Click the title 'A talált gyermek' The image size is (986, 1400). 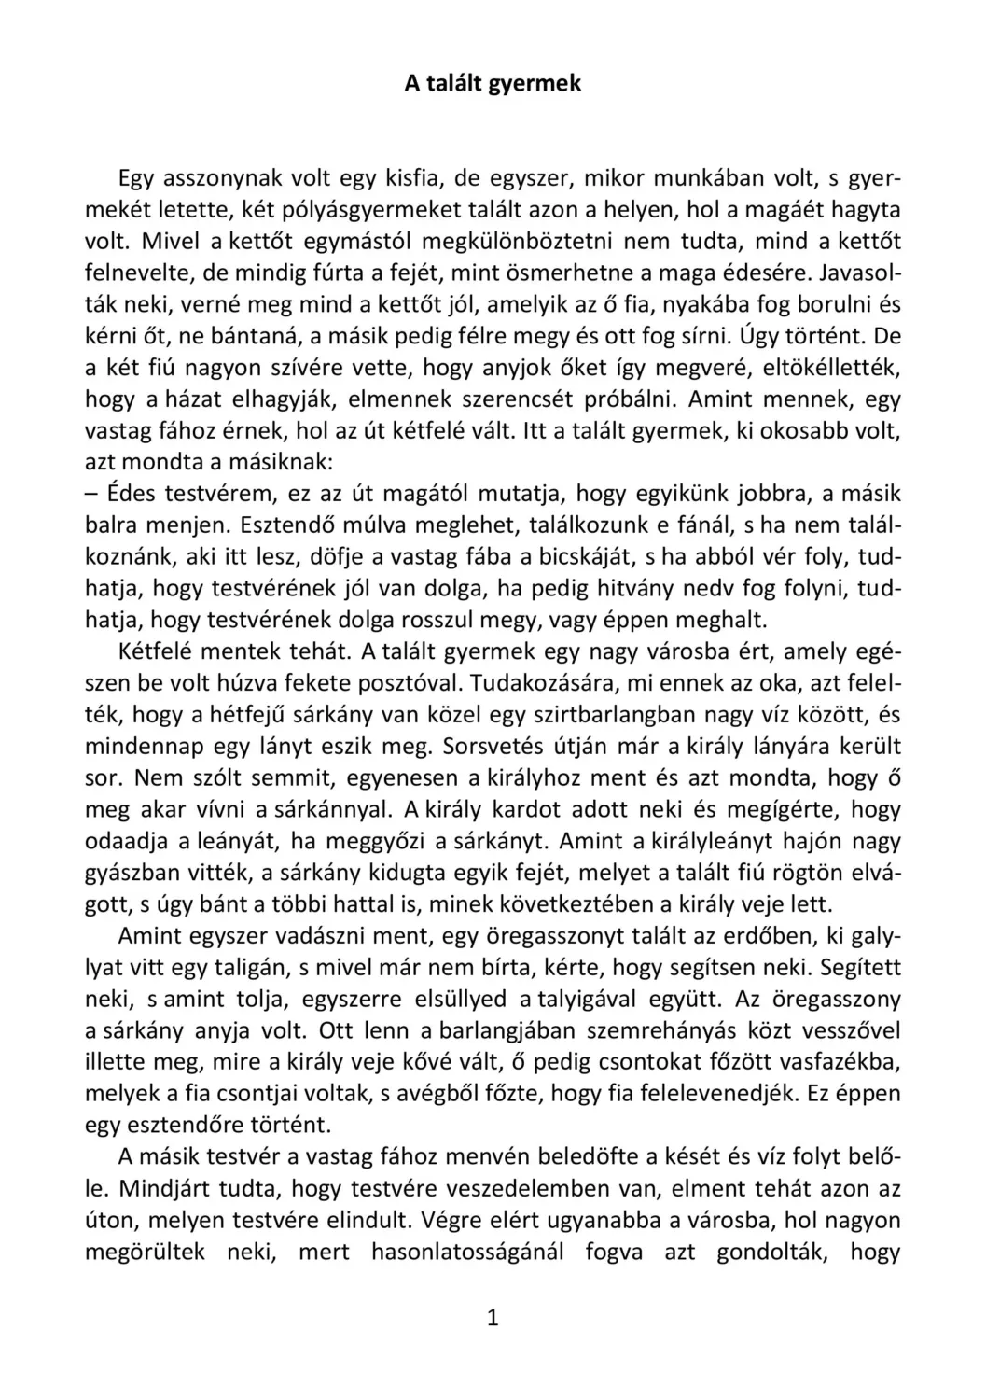point(493,83)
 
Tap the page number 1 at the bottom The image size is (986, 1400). point(493,1318)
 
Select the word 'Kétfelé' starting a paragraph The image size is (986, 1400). point(156,651)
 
